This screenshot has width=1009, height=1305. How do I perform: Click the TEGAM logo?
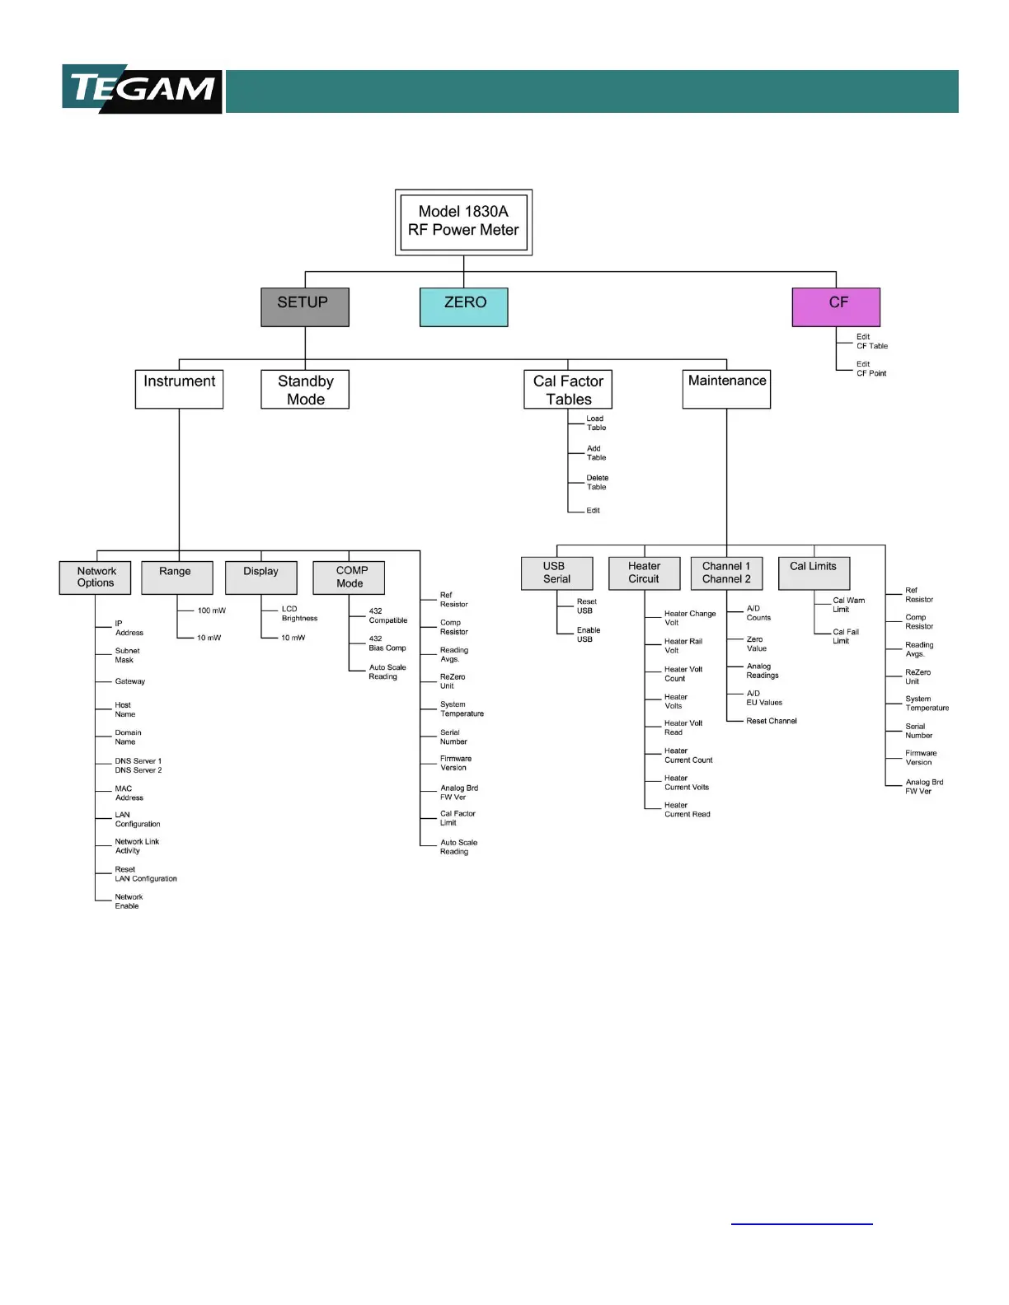(142, 89)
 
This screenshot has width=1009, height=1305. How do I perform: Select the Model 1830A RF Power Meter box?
(463, 222)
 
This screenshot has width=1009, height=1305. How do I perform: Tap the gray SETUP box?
(304, 306)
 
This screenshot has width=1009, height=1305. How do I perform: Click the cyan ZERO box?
(463, 306)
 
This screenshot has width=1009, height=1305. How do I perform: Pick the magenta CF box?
(836, 306)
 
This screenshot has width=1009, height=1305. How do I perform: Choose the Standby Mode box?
(305, 390)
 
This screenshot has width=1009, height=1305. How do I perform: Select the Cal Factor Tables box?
(568, 390)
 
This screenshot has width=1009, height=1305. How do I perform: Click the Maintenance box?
(726, 389)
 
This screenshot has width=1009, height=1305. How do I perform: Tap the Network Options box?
(96, 578)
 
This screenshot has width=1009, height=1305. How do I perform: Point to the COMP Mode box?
(349, 578)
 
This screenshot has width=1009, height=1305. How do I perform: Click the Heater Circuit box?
(644, 573)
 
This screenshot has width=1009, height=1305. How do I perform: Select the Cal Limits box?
(814, 573)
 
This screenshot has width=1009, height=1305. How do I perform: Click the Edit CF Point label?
(871, 369)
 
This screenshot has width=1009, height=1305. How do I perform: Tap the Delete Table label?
(597, 483)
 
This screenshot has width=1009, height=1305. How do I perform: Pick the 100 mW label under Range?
(211, 610)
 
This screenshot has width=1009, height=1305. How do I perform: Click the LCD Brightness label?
(298, 614)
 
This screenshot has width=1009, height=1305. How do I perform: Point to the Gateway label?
(129, 681)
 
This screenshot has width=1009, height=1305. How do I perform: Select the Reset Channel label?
(771, 721)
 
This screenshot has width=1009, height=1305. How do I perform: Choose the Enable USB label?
(588, 634)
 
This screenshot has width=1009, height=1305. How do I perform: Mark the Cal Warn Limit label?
(847, 605)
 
